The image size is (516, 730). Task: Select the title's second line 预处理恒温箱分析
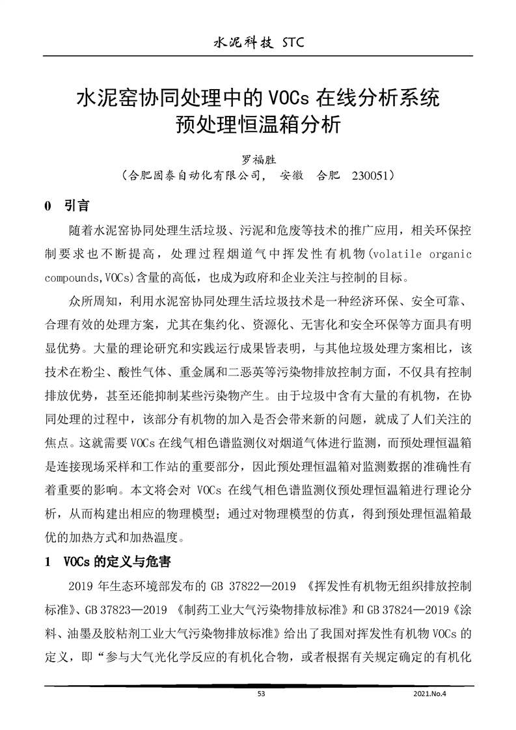point(258,124)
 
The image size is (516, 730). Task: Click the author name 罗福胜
point(258,160)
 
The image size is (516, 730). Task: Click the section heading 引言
point(77,207)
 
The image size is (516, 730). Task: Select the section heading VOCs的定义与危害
point(118,561)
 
